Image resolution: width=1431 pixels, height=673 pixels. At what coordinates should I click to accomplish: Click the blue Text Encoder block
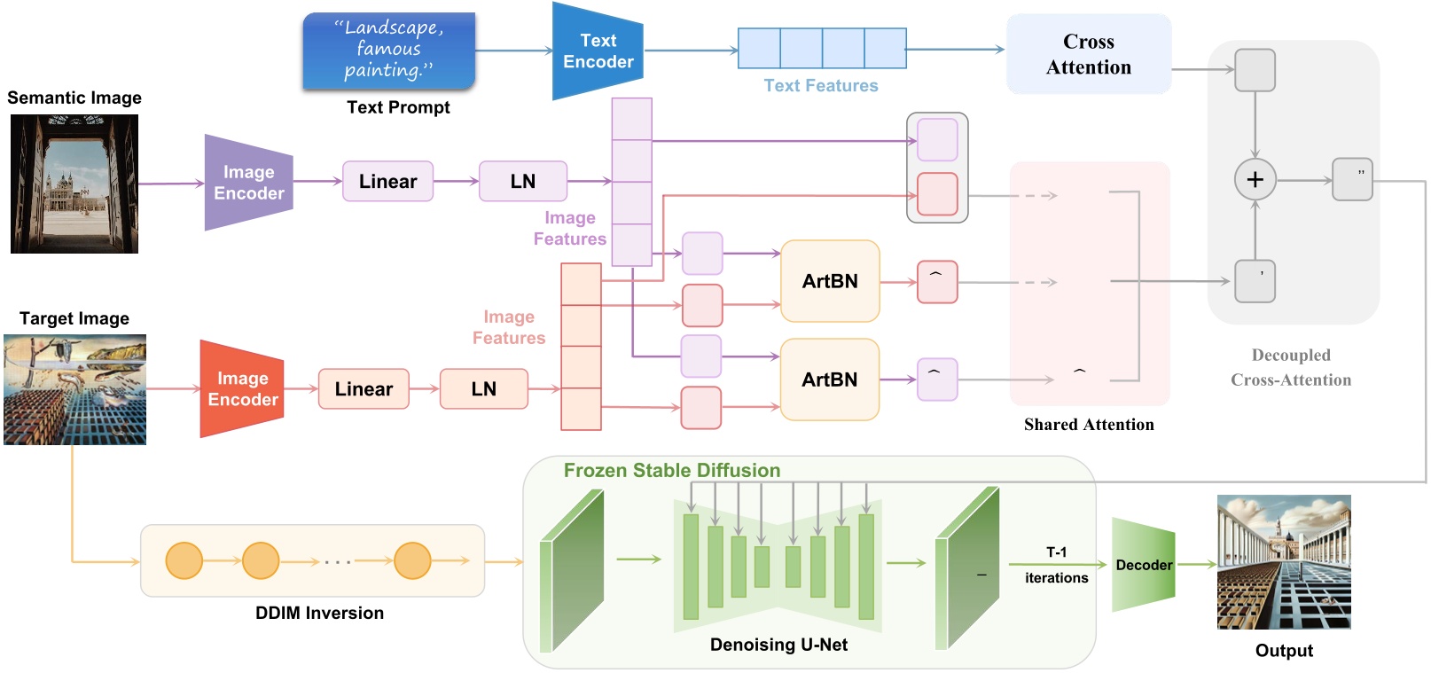[597, 51]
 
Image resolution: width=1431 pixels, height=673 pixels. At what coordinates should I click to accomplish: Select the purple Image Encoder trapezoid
[247, 183]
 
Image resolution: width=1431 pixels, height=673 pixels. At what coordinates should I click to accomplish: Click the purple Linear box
[387, 182]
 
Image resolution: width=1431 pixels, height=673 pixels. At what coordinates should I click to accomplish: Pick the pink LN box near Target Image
[483, 388]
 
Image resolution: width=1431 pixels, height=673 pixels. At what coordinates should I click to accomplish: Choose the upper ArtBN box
[829, 281]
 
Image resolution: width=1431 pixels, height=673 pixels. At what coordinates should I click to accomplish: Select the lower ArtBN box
[829, 380]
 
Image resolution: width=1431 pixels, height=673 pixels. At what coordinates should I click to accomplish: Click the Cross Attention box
[1088, 54]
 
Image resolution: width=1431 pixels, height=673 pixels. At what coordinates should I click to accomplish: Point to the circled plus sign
[1255, 179]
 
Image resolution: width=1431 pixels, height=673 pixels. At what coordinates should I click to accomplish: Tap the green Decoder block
[1143, 565]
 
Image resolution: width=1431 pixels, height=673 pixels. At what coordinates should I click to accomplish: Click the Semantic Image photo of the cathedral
[74, 184]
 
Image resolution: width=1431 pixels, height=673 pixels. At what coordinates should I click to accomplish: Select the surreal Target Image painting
[74, 389]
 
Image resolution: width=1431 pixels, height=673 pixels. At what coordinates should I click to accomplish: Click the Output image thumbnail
[1283, 562]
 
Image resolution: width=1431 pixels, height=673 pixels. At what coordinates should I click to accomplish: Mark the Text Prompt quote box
[388, 51]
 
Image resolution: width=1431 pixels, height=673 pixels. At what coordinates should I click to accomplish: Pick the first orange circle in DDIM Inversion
[184, 560]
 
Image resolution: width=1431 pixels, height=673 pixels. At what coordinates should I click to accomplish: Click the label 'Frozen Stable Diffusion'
[671, 470]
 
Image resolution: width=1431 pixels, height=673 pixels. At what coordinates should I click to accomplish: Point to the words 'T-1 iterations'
[1056, 565]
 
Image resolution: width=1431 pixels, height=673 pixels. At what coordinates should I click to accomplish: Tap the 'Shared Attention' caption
[1088, 425]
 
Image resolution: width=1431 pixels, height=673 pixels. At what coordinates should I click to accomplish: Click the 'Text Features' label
[820, 86]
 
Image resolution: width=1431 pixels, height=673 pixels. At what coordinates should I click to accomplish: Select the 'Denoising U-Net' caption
[778, 645]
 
